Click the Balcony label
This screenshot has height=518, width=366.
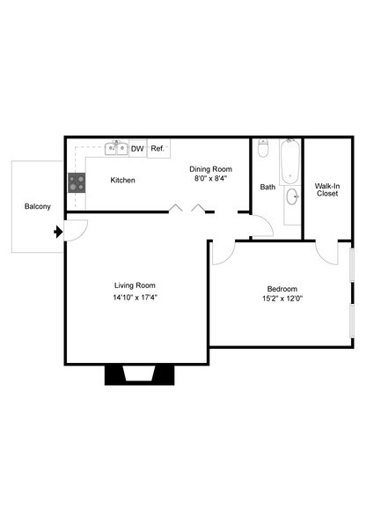pyautogui.click(x=37, y=206)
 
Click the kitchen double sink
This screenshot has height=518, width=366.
pyautogui.click(x=117, y=148)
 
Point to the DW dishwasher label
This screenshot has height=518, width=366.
pyautogui.click(x=137, y=149)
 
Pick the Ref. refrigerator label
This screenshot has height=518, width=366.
pyautogui.click(x=158, y=149)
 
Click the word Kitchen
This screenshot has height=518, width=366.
pyautogui.click(x=122, y=181)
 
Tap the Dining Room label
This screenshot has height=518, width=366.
pyautogui.click(x=211, y=168)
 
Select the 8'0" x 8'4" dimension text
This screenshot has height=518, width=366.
pyautogui.click(x=211, y=179)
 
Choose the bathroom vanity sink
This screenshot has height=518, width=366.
pyautogui.click(x=291, y=196)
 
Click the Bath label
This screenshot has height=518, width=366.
pyautogui.click(x=267, y=187)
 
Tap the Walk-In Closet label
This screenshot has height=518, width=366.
pyautogui.click(x=327, y=189)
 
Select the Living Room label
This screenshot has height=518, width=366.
pyautogui.click(x=135, y=285)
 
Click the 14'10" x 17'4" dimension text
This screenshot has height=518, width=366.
pyautogui.click(x=135, y=297)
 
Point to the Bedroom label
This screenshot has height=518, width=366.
pyautogui.click(x=282, y=289)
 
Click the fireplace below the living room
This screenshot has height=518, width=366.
pyautogui.click(x=136, y=374)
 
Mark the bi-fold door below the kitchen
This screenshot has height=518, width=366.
pyautogui.click(x=188, y=209)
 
